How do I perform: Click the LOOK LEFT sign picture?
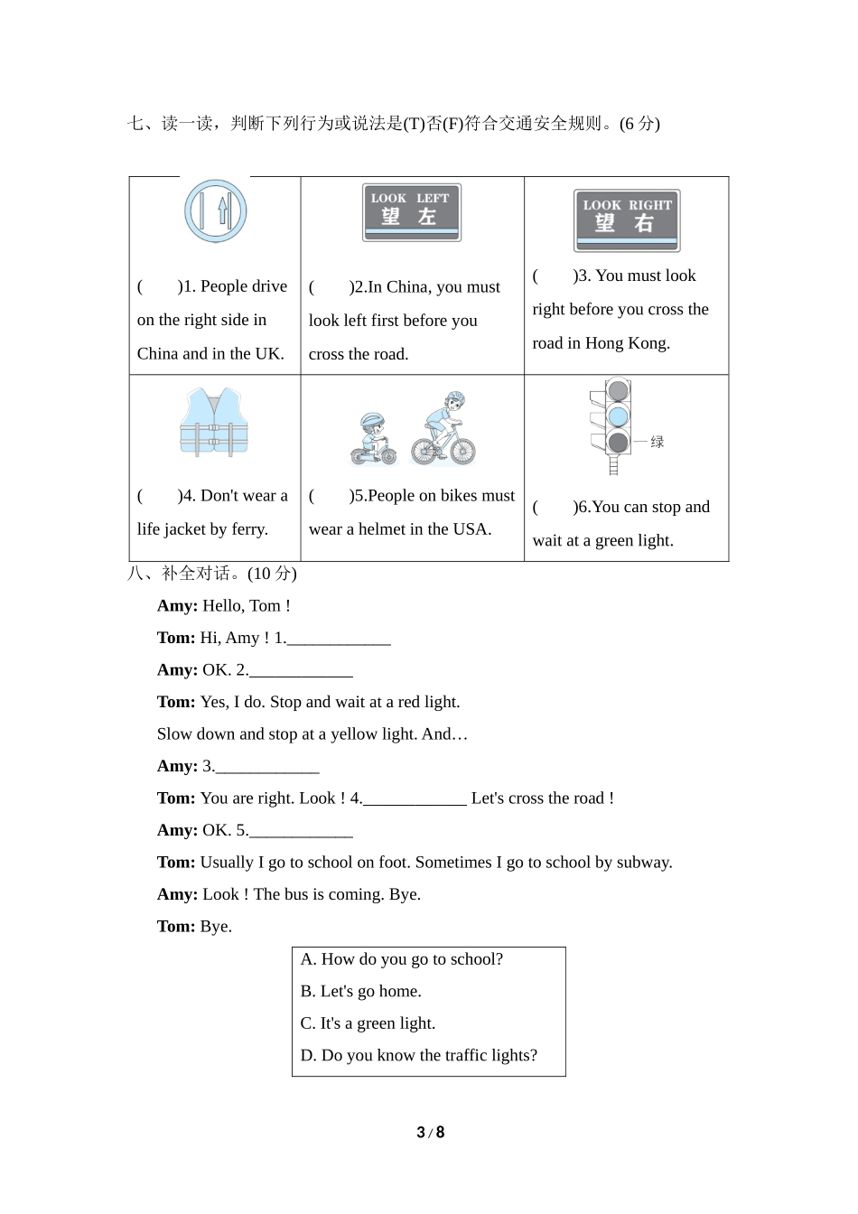[412, 212]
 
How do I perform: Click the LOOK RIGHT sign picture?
[627, 220]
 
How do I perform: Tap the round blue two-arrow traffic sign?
[216, 211]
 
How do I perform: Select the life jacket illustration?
[214, 423]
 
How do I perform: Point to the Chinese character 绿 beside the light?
[657, 442]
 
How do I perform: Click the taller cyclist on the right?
[444, 428]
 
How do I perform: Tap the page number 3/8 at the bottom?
[430, 1133]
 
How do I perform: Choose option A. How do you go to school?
[402, 959]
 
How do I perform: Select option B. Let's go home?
[361, 991]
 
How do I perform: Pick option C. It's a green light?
[368, 1023]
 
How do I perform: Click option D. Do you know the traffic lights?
[419, 1055]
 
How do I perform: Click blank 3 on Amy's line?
[267, 767]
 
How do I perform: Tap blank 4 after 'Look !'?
[415, 798]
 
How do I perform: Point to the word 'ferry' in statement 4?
[247, 529]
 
